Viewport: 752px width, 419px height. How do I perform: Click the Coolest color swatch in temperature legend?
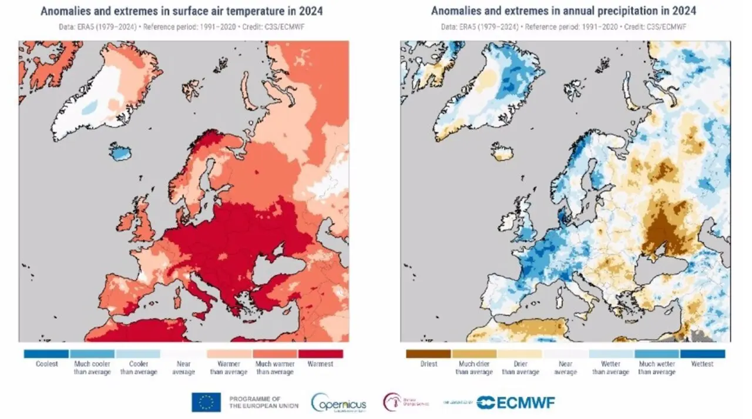click(x=46, y=354)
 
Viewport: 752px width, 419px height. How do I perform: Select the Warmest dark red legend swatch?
click(x=320, y=354)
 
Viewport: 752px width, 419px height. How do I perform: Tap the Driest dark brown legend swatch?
click(x=428, y=354)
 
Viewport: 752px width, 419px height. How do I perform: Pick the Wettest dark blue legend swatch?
click(x=702, y=354)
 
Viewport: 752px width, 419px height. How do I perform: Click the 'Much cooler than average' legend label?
click(x=92, y=368)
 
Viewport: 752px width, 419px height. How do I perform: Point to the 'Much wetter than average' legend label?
click(x=656, y=368)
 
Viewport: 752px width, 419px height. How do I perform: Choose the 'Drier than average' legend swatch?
click(x=520, y=354)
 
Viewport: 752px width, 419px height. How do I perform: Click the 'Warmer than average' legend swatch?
click(x=229, y=354)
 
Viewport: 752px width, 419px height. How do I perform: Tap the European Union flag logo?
click(x=206, y=402)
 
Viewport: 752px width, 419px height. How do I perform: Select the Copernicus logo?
click(x=339, y=403)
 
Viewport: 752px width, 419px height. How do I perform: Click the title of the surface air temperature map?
click(x=182, y=11)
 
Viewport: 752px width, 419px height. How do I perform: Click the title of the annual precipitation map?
click(x=563, y=11)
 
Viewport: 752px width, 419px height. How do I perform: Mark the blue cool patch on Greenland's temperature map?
click(x=90, y=108)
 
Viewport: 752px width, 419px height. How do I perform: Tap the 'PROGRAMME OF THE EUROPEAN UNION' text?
click(x=264, y=402)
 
